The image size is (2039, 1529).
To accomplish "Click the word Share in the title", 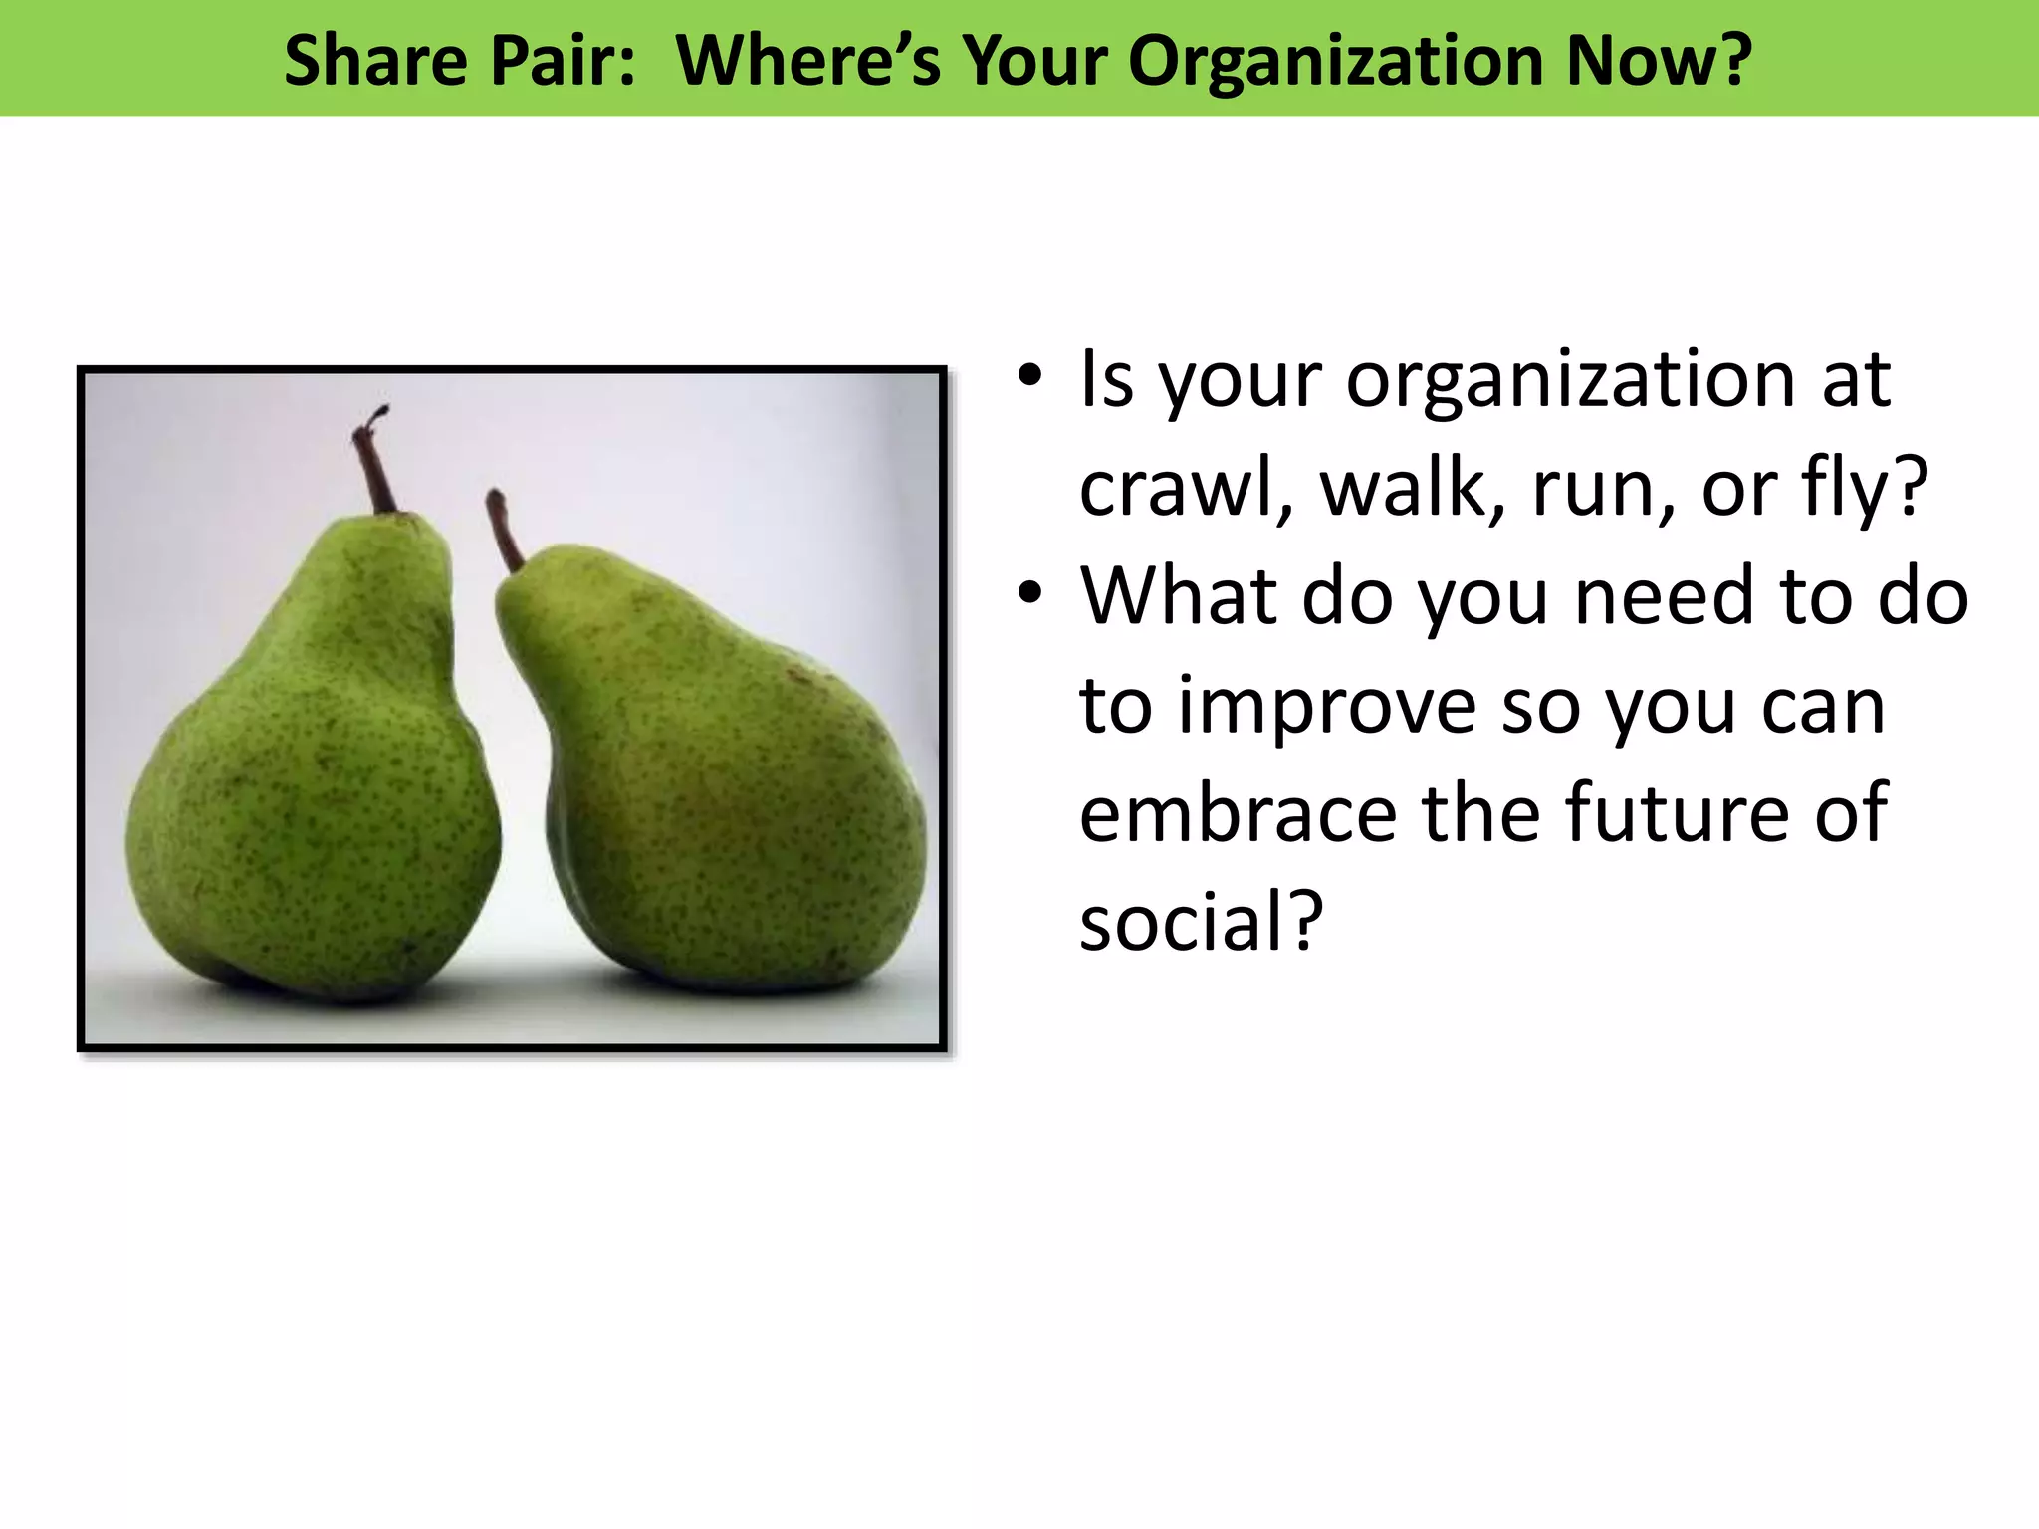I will click(x=375, y=61).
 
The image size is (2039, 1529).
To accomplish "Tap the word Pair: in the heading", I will click(x=563, y=61).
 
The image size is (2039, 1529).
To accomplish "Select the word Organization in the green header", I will click(x=1336, y=61).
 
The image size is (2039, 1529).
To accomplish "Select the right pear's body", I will click(x=727, y=796).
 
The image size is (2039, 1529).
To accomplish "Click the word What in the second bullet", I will click(x=1179, y=596).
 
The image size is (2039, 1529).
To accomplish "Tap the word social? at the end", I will click(x=1201, y=922).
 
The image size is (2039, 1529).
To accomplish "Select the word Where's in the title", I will click(x=807, y=61).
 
